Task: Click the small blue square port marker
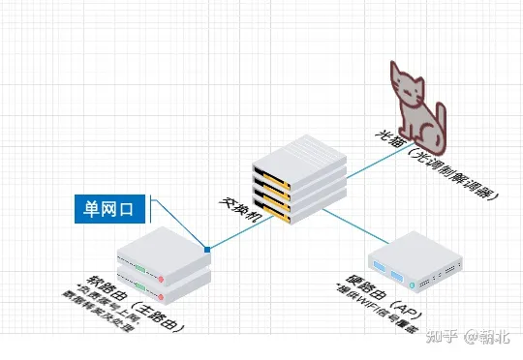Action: tap(207, 249)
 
